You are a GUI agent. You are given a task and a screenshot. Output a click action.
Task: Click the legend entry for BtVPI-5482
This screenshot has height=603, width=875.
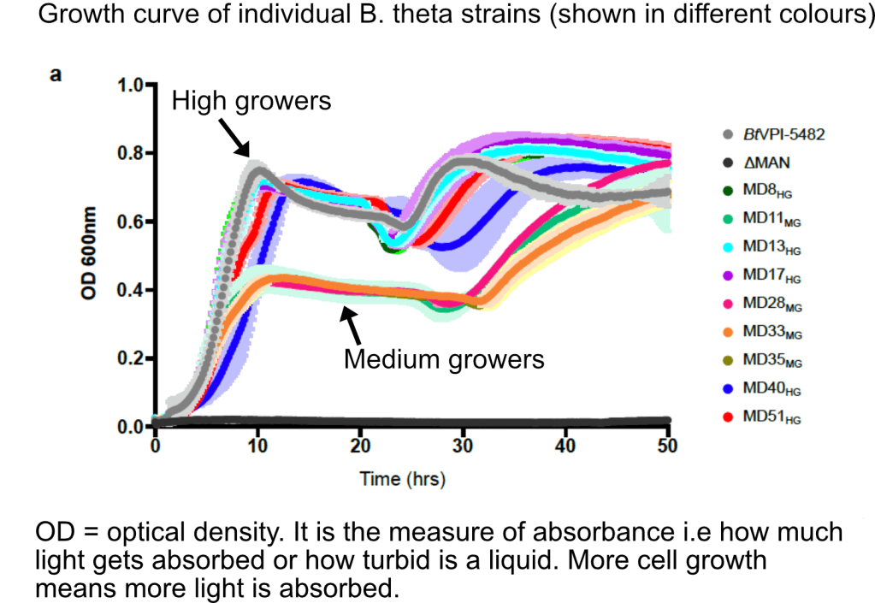[783, 135]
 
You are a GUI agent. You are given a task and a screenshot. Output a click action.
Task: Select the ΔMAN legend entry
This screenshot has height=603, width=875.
[766, 163]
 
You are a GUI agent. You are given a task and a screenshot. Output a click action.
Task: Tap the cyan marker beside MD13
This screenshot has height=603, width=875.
[728, 247]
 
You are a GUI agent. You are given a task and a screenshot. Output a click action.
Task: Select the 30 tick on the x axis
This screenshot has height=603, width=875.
[463, 446]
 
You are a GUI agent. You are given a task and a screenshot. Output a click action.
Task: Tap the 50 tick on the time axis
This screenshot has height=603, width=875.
[667, 446]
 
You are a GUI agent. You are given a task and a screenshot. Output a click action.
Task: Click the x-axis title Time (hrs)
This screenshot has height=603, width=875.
[402, 478]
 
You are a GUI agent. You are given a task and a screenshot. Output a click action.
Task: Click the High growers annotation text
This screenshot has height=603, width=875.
[251, 101]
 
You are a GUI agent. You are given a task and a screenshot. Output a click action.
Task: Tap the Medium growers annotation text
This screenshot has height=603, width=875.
[443, 358]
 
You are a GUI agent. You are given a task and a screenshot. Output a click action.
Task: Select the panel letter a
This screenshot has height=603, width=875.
[56, 74]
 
